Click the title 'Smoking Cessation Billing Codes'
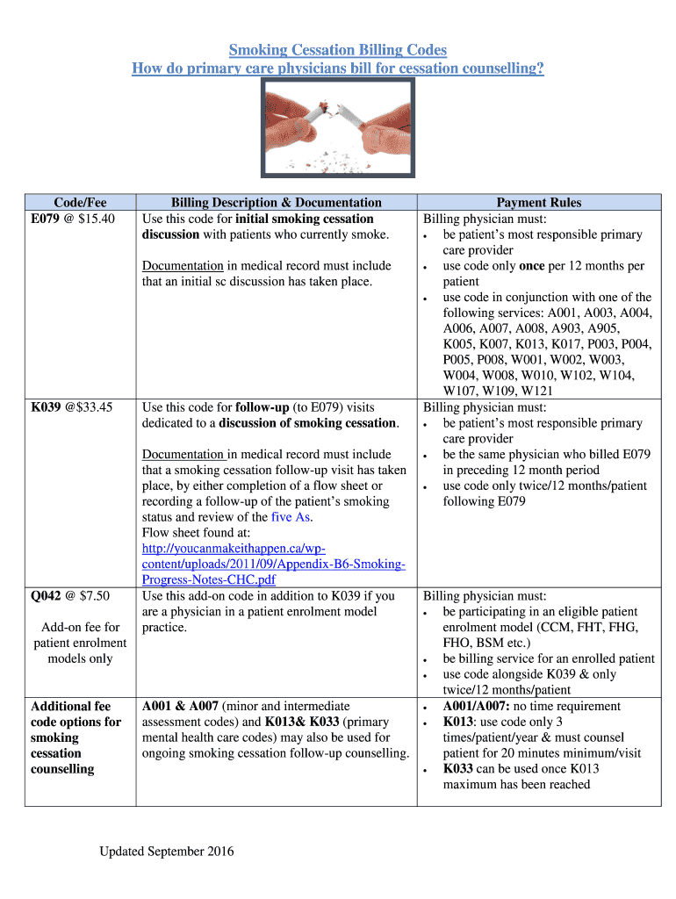tap(338, 49)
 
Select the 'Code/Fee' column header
tap(80, 203)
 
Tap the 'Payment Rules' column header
tap(538, 203)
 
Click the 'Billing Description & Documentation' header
tap(276, 203)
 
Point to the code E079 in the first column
tap(47, 219)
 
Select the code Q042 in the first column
tap(47, 596)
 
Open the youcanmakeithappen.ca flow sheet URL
tap(273, 564)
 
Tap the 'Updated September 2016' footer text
tap(166, 852)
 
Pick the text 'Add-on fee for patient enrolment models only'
tap(80, 643)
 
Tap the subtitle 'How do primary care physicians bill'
tap(338, 68)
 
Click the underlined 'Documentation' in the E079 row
tap(183, 266)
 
